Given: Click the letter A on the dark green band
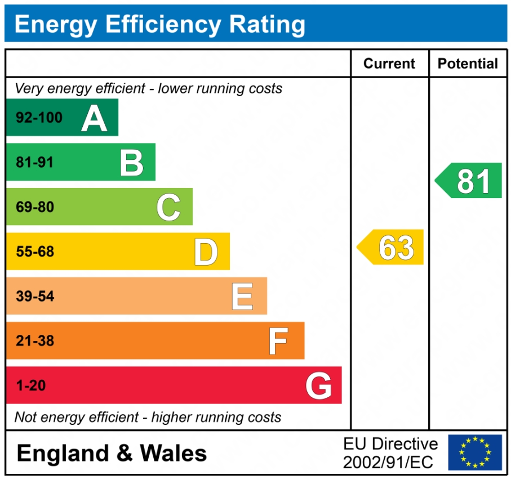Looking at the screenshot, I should coord(94,118).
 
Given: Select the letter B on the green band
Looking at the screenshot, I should coord(132,163).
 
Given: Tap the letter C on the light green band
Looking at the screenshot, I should coord(168,207).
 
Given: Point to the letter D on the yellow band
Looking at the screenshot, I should coord(206,252).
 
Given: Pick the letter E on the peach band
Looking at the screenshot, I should coord(242,297).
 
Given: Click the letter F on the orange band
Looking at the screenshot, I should coord(278,341).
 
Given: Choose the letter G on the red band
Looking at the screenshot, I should coord(318,386).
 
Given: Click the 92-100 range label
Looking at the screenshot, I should coord(39,118).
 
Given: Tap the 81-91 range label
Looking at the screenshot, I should coord(35,163).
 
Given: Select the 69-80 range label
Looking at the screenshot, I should coord(35,207).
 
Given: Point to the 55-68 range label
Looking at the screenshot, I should coord(35,252).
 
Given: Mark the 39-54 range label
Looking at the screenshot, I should coord(35,297).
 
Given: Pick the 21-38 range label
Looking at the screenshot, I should coord(35,341).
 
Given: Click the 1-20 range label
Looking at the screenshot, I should coord(31,386).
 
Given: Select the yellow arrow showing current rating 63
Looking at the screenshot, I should coord(391,247).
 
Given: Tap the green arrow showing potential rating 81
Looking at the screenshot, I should coord(469,181).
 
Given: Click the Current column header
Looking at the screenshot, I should coord(389,64).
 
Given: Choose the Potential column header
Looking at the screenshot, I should coord(468,64).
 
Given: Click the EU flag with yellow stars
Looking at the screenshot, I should coord(475,452).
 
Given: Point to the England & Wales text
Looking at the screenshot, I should coord(112,453).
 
